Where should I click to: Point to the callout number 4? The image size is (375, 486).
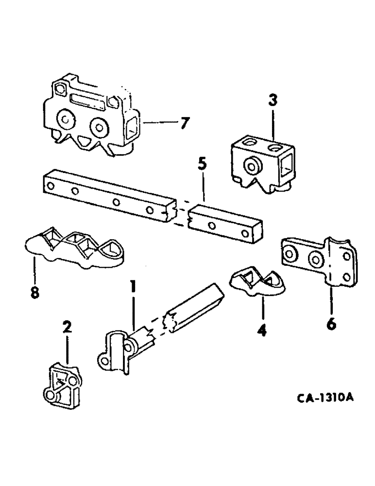click(x=262, y=331)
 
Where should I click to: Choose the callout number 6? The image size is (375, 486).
click(x=332, y=323)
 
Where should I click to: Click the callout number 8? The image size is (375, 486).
click(x=34, y=293)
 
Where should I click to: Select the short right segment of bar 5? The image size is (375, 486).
click(x=226, y=224)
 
